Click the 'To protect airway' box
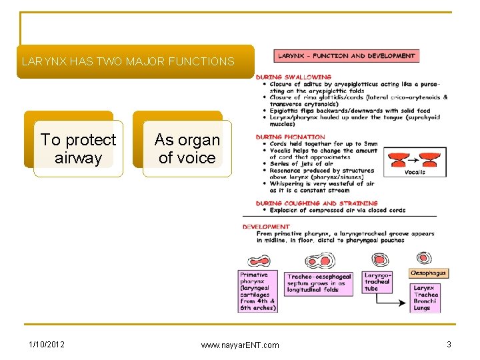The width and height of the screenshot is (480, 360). point(78,149)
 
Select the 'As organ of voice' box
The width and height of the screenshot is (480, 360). point(187,149)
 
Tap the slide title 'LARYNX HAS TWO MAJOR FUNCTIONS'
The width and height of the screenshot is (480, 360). point(128,62)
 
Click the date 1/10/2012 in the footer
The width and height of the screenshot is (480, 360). point(47,344)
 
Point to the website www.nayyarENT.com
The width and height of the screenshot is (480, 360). point(240,345)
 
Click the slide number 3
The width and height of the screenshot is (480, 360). point(449,344)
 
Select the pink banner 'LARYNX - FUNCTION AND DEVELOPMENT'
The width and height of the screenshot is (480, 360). point(347,56)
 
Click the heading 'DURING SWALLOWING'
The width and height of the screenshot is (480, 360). point(293,77)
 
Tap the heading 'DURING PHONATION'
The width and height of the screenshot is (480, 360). point(290,137)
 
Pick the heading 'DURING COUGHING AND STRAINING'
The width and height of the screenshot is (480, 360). point(317,203)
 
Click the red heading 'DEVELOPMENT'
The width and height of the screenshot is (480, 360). point(266,227)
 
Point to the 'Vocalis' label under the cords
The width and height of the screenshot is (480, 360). point(415,171)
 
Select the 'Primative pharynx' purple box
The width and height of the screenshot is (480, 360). point(258,291)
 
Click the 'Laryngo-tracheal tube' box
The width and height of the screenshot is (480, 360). point(377,282)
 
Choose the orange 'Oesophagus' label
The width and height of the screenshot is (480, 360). point(429,273)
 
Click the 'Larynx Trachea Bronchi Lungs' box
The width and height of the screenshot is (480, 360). point(426,298)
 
